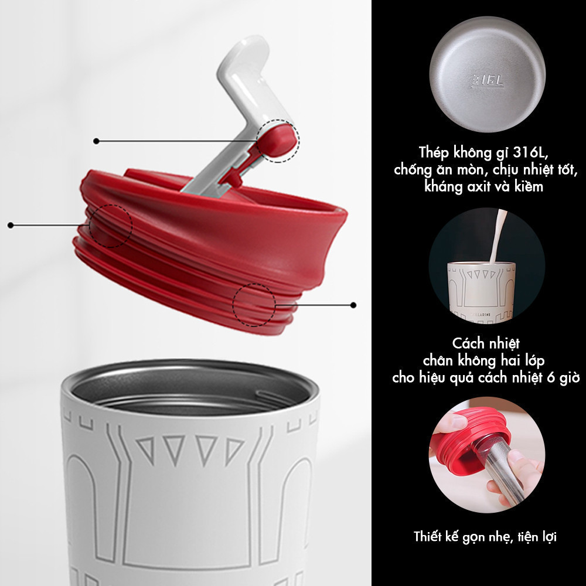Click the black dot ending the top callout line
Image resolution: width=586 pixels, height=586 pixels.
[96, 141]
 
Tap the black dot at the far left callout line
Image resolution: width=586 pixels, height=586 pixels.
[11, 225]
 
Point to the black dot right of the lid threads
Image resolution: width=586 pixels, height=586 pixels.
[353, 305]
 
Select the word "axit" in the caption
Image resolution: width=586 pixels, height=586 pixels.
[481, 186]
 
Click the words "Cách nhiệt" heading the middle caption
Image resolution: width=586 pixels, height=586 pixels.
[486, 343]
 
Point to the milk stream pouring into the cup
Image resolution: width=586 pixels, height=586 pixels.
[497, 236]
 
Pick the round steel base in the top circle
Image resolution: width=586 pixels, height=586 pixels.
[488, 74]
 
